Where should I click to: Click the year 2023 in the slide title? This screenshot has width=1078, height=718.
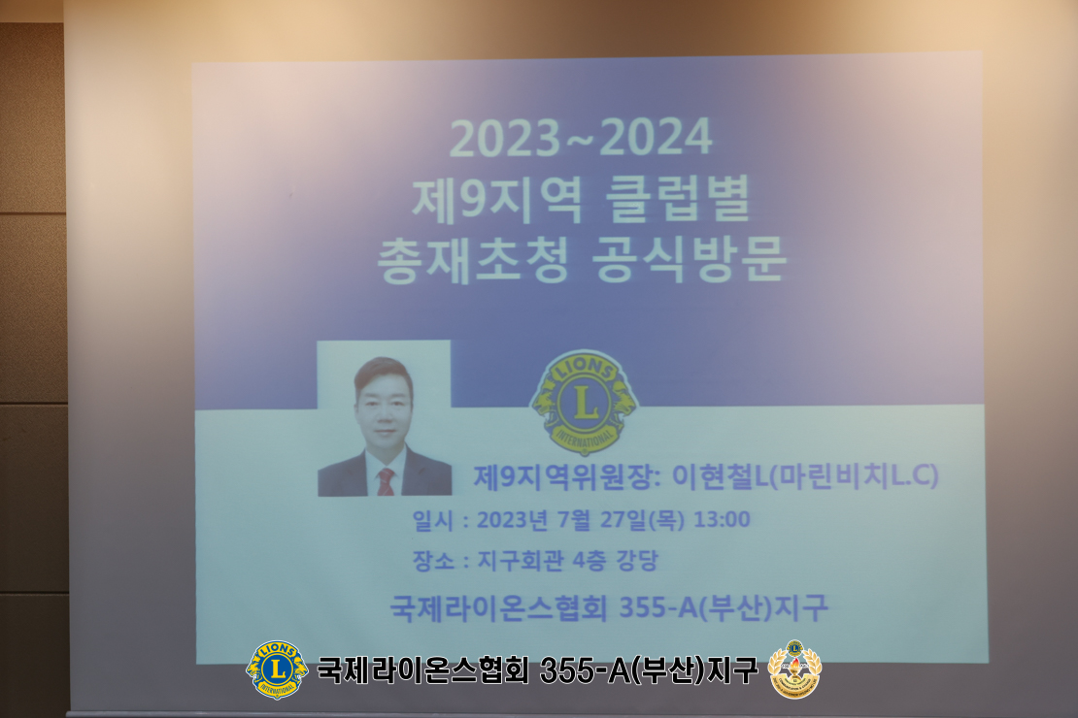[505, 138]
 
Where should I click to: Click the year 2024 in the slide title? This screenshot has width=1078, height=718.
[656, 137]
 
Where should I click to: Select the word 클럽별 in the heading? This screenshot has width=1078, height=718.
[677, 199]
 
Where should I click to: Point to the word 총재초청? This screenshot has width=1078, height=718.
[473, 260]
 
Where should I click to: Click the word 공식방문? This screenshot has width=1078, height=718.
[690, 260]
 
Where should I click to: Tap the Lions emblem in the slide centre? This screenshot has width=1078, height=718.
[585, 402]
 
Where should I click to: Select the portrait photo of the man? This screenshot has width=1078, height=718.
[385, 418]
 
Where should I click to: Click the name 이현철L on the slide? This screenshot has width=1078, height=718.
[720, 476]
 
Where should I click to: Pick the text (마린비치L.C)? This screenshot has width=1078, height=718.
[854, 476]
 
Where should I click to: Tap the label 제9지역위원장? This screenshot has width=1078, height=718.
[562, 476]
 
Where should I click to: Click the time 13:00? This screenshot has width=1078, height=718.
[722, 519]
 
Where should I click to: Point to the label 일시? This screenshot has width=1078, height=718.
[433, 520]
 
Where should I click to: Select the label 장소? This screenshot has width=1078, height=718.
[433, 561]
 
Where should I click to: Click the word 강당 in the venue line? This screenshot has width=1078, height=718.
[637, 561]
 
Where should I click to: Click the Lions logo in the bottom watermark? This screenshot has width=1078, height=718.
[277, 669]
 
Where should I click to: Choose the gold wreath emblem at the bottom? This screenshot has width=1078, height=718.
[794, 669]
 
